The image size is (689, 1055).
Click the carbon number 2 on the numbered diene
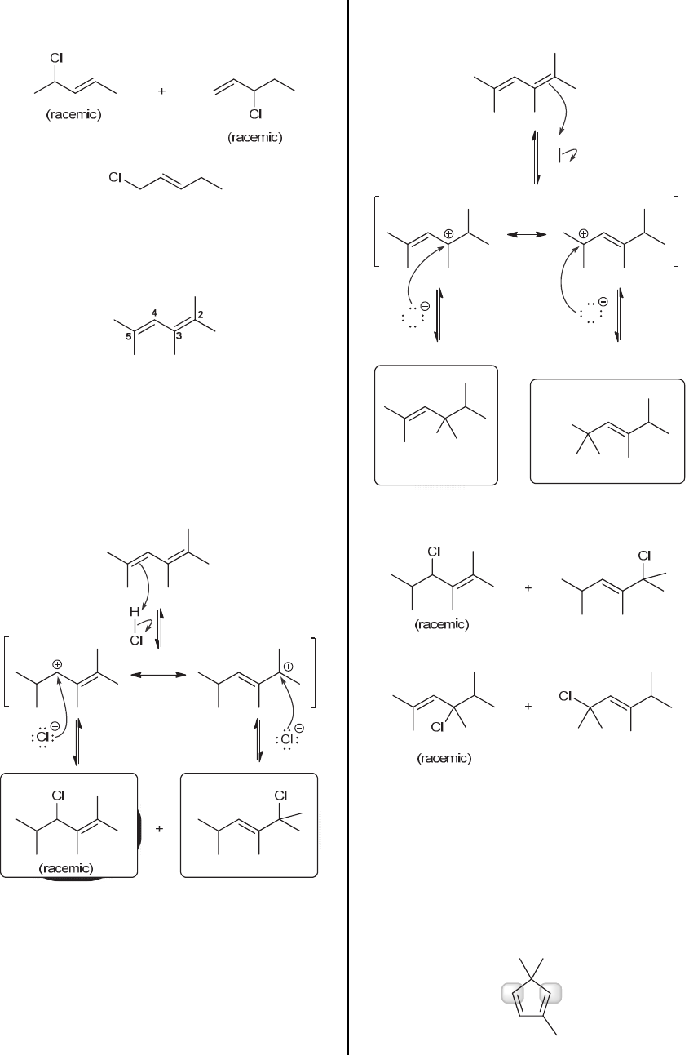[200, 316]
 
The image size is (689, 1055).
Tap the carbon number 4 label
[154, 313]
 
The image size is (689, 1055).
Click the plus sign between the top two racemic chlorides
[161, 91]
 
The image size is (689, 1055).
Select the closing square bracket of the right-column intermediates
[677, 231]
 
